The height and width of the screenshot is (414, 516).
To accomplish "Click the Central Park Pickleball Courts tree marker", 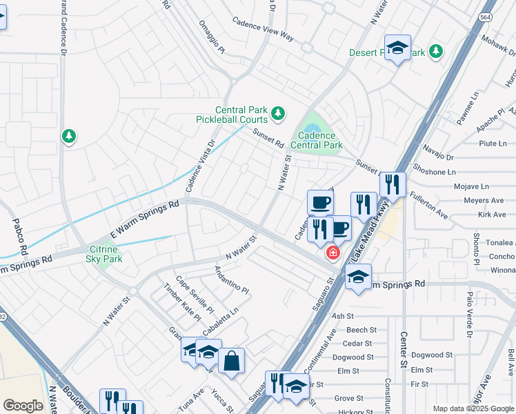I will [277, 113].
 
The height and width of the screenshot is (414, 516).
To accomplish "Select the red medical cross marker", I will [333, 254].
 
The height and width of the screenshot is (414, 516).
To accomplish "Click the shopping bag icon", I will [232, 359].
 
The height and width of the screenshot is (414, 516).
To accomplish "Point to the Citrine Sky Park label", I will [104, 254].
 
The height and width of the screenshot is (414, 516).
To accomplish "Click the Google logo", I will [23, 406].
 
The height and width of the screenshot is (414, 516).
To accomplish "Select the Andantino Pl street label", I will [230, 279].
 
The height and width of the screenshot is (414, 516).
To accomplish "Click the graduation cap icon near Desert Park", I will [397, 48].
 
